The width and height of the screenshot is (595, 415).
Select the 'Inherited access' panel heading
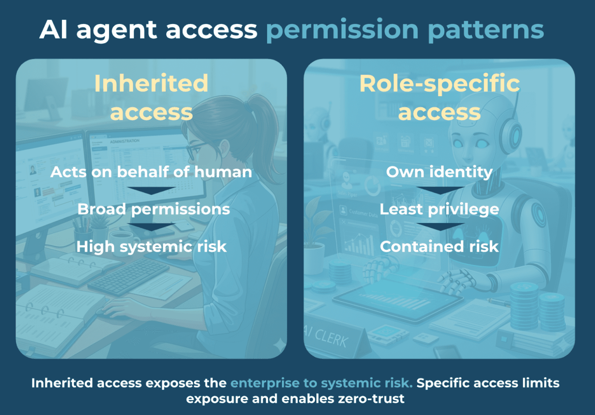click(152, 97)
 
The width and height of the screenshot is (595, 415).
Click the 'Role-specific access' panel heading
click(440, 97)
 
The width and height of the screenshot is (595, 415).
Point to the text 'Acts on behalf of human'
click(151, 172)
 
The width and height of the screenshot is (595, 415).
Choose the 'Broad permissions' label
click(154, 209)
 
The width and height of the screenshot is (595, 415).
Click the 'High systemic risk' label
click(152, 247)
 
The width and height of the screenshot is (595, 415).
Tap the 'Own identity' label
click(439, 172)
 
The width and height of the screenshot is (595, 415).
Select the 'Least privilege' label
click(439, 209)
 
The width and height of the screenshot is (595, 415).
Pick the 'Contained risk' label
click(439, 247)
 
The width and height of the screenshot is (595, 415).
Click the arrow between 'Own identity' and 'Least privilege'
click(440, 190)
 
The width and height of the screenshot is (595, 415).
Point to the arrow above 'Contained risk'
click(440, 227)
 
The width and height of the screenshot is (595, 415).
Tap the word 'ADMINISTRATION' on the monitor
click(125, 141)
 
